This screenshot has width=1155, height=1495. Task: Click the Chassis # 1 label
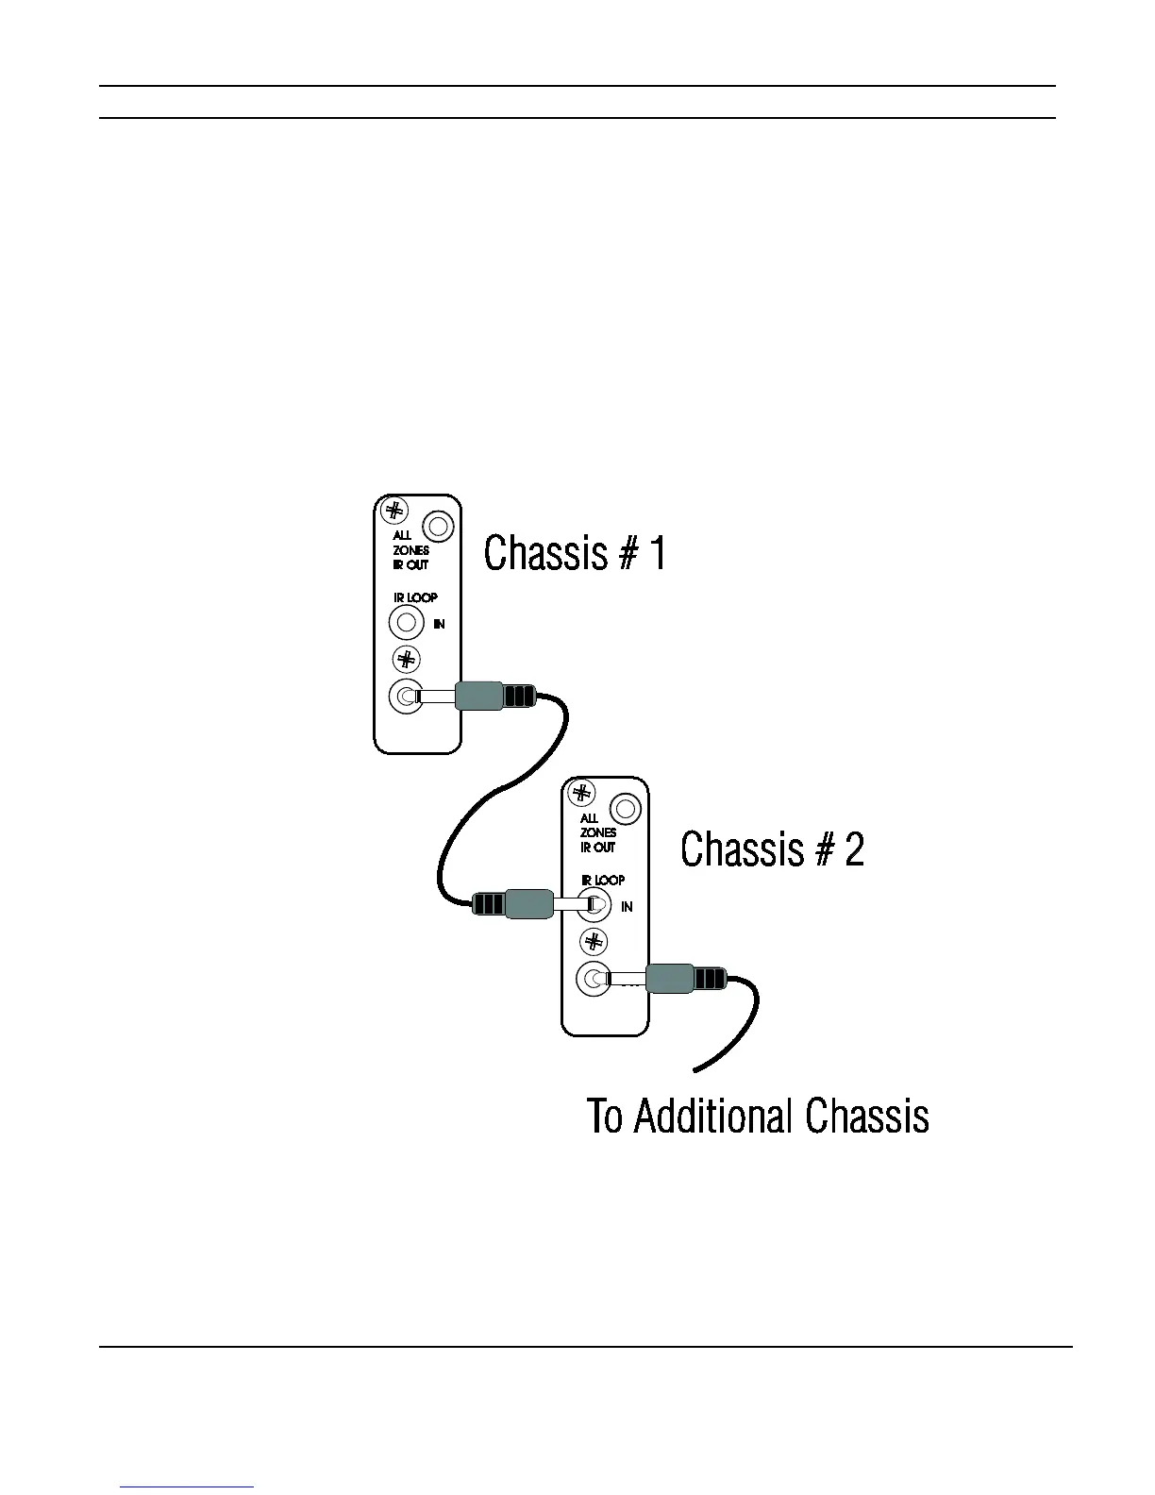click(575, 553)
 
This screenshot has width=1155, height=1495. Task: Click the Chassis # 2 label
click(772, 848)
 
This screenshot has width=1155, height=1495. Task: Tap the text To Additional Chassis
click(758, 1116)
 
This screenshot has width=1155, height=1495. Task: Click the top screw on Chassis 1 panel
click(393, 511)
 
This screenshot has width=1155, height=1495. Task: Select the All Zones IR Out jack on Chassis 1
click(438, 526)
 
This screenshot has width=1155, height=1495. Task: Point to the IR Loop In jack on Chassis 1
click(406, 623)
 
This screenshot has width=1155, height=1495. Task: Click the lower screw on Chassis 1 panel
click(406, 659)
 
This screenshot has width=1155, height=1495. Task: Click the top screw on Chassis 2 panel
click(581, 793)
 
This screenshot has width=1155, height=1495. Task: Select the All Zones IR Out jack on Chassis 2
click(626, 809)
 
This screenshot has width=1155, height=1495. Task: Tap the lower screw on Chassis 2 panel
click(594, 941)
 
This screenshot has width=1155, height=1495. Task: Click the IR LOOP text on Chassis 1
click(415, 597)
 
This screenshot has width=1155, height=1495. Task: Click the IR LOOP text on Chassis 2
click(603, 880)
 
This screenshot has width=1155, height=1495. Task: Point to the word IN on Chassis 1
click(439, 624)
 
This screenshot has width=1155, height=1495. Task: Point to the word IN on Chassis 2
click(627, 907)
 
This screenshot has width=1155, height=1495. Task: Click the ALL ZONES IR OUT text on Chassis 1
click(410, 550)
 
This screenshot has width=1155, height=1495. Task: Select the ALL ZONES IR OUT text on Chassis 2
click(598, 832)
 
